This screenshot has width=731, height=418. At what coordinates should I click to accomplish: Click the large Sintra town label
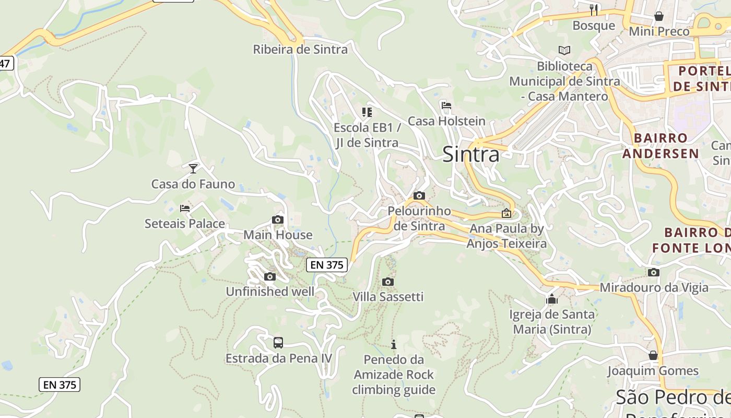point(470,155)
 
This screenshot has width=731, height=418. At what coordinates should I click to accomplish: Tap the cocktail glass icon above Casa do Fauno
point(193,168)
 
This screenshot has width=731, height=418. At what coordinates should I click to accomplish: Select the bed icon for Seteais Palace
point(185,208)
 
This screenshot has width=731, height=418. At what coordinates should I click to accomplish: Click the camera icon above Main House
point(278,219)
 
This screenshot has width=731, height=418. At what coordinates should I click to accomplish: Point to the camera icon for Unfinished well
point(270,276)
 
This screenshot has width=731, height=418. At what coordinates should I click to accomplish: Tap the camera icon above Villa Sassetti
point(387,282)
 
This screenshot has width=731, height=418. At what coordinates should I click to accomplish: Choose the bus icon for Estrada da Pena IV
point(278,343)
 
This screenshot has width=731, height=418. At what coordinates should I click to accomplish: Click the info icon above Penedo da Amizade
point(394,344)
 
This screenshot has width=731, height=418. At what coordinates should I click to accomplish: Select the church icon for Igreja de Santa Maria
point(552,299)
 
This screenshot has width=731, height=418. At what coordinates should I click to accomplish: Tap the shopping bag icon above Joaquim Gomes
point(653,355)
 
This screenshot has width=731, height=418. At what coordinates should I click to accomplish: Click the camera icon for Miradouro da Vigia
point(653,272)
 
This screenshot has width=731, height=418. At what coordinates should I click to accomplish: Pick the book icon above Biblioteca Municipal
point(564,50)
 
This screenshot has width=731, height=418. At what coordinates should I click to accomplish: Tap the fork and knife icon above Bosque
point(593,9)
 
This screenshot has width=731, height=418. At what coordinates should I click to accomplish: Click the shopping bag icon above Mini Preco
point(659,16)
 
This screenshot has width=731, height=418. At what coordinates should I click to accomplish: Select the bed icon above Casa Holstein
point(446,105)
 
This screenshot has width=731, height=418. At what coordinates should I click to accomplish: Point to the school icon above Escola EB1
point(367,112)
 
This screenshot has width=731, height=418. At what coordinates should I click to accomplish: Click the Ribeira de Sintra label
point(300,50)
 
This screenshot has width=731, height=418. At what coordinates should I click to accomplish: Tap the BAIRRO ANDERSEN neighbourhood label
point(661,146)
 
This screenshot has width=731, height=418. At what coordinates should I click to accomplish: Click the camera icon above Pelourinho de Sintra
point(419,195)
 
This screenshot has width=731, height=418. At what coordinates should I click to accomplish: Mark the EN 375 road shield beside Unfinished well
point(327,265)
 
